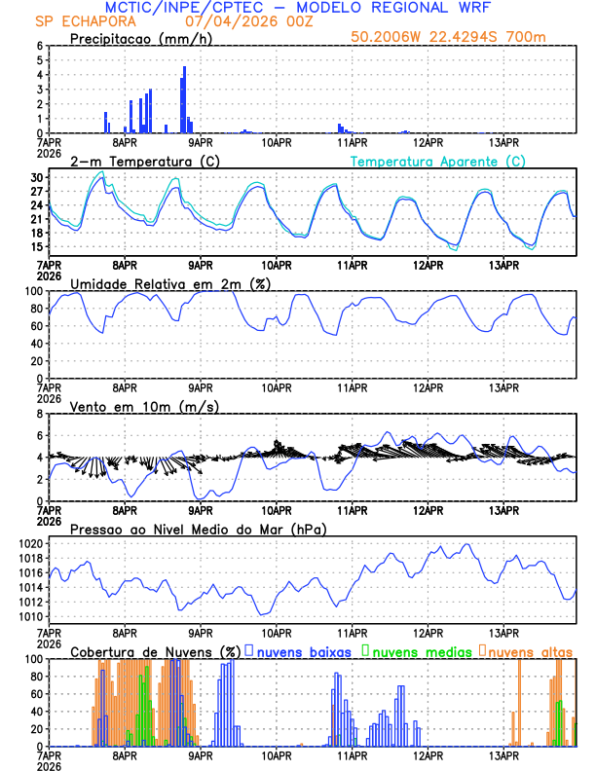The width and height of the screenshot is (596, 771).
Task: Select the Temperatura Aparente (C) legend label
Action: [x=437, y=161]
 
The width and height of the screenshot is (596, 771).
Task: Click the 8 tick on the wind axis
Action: [x=40, y=414]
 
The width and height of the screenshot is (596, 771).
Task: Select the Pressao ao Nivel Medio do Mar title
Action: [x=198, y=529]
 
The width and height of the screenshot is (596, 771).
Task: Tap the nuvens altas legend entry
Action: [x=531, y=650]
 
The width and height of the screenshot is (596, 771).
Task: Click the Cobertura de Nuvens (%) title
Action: [x=155, y=650]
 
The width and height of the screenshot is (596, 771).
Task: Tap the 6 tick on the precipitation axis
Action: [x=40, y=46]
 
